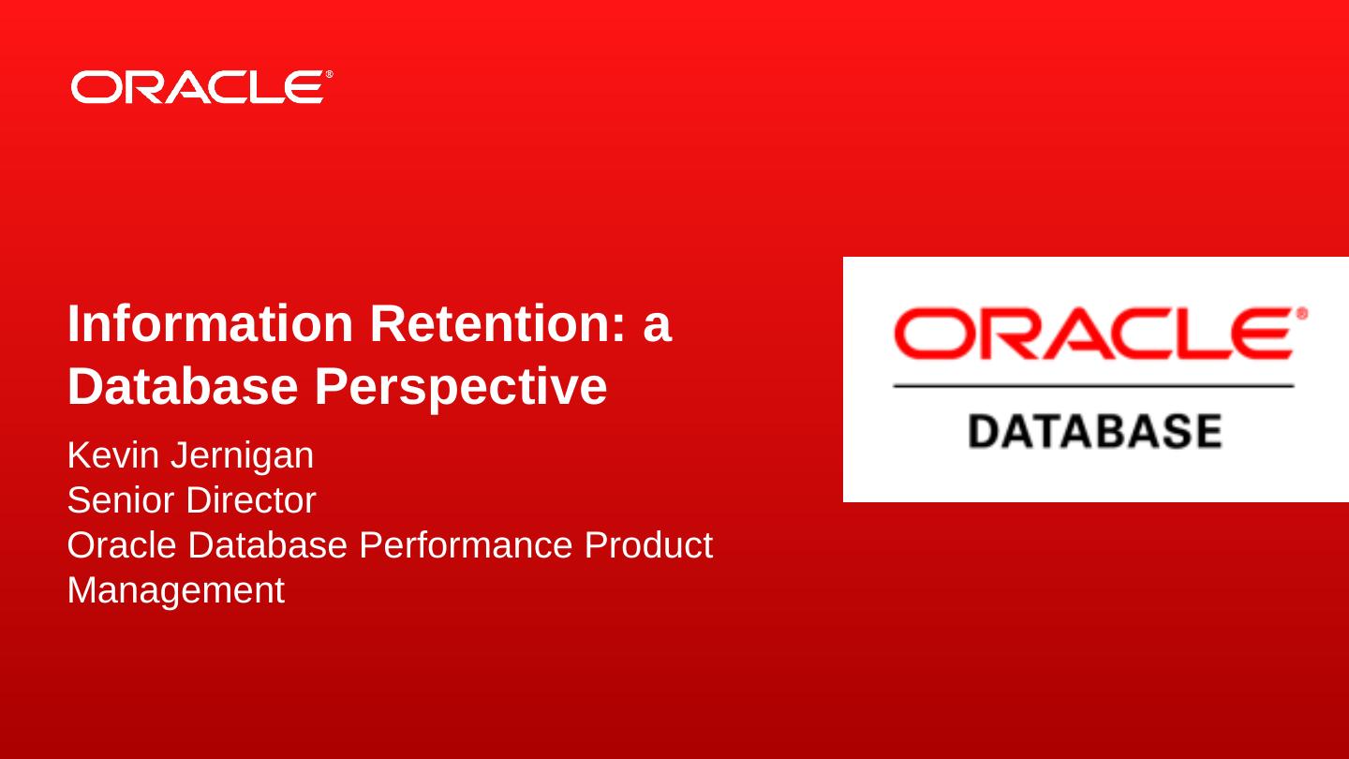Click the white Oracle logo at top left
[x=201, y=87]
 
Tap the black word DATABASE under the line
[x=1095, y=431]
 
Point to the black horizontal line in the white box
[x=1093, y=385]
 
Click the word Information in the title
[x=210, y=323]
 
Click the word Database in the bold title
[x=183, y=386]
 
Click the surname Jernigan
[x=242, y=456]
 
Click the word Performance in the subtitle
[x=466, y=544]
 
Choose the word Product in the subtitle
[x=648, y=544]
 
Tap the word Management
[x=176, y=591]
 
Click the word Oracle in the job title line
[x=122, y=544]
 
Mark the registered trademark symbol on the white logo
[x=329, y=74]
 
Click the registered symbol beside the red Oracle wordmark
[x=1301, y=314]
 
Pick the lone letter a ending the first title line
[x=657, y=329]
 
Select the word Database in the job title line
[x=268, y=544]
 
